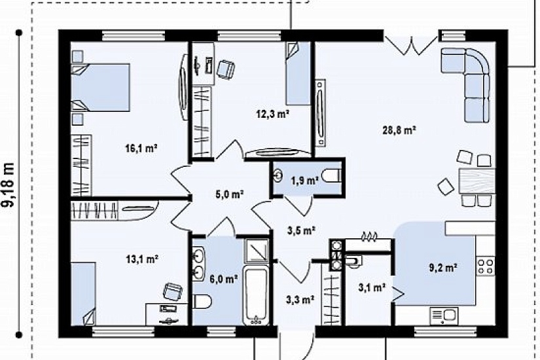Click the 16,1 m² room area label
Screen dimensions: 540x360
point(141,149)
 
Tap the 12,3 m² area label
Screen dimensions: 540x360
point(272,114)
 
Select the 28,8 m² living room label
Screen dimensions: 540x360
point(399,130)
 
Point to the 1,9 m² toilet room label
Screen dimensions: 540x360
point(304,180)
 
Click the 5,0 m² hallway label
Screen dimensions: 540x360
point(230,194)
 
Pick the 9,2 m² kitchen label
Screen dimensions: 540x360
point(443,268)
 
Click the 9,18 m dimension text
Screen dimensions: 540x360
point(9,185)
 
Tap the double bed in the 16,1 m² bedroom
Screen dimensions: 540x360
point(100,87)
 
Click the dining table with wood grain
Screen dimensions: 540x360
point(477,181)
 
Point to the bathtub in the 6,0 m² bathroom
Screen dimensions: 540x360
point(256,295)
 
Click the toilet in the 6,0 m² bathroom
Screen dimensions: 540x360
point(202,302)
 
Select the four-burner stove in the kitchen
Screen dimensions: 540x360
point(486,266)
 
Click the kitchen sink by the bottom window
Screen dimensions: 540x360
point(444,316)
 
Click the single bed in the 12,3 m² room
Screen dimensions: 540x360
point(298,73)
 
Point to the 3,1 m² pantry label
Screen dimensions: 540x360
point(372,287)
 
